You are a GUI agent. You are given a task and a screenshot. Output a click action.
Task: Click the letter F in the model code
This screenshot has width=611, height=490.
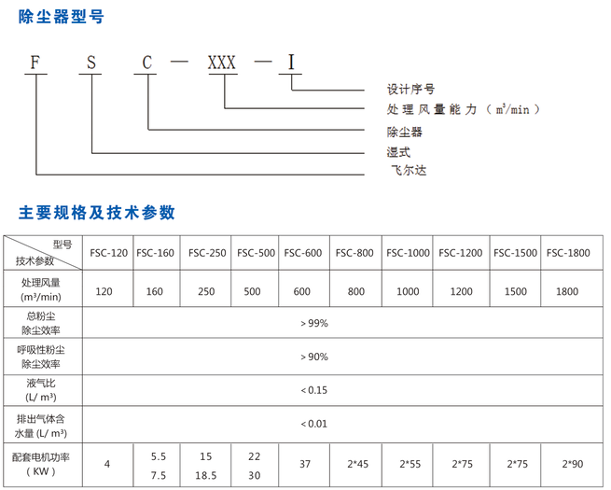click(35, 63)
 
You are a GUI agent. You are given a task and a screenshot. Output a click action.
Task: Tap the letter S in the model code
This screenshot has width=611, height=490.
click(91, 63)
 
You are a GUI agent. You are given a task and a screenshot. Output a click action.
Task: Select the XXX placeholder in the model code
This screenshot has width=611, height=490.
click(222, 63)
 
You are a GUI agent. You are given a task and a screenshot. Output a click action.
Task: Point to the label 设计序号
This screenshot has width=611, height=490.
click(410, 90)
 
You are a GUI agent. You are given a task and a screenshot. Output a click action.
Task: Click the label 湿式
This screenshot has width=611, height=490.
click(398, 151)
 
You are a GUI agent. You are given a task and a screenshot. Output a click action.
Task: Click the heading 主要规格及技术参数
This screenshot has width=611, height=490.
click(97, 212)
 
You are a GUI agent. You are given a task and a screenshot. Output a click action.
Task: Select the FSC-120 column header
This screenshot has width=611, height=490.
click(109, 252)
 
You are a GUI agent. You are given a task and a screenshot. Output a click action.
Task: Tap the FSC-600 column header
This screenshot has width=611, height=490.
click(303, 252)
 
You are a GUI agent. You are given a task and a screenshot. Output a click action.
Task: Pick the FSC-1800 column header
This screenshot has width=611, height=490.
click(568, 252)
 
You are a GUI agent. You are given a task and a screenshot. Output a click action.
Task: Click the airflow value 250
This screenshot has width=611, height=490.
click(207, 292)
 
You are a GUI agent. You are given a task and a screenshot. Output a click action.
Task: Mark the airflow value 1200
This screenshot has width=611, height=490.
click(461, 292)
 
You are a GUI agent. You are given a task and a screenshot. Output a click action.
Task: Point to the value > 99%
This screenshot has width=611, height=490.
click(313, 324)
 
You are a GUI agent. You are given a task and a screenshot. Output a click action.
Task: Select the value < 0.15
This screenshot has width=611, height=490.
click(313, 390)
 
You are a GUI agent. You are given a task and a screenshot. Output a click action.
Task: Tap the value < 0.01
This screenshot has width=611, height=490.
click(313, 424)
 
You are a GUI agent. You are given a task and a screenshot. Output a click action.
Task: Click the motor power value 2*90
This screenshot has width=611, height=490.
click(568, 465)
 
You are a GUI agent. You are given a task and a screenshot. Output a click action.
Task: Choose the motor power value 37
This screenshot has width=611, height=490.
click(303, 465)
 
